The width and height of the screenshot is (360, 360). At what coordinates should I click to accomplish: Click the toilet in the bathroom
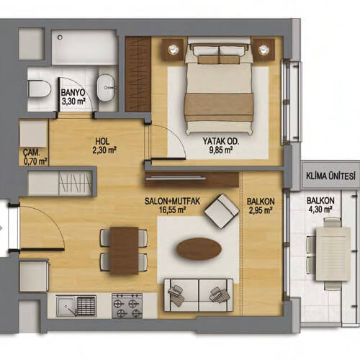40,89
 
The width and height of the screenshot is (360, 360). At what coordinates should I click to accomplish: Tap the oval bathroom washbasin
106,88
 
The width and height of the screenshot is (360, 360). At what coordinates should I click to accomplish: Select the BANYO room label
73,92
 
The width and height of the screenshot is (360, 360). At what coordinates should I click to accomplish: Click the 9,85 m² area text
221,150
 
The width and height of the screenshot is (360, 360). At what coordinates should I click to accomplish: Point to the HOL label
102,141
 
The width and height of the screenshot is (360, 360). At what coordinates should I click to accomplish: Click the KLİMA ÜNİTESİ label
330,176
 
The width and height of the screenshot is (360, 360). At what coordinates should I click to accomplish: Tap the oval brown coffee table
199,249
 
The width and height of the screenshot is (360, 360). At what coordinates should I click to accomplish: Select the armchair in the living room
222,211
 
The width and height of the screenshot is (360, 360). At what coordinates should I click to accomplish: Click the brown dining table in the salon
124,251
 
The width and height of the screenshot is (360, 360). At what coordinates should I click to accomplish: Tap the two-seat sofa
198,295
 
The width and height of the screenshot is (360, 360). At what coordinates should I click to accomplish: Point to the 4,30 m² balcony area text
320,210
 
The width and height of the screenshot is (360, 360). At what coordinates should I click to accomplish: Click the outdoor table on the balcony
333,254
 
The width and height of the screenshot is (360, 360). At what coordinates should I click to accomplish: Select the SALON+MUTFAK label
172,201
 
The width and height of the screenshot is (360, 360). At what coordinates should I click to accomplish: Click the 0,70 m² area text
35,162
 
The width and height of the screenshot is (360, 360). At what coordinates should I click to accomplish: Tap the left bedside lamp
173,50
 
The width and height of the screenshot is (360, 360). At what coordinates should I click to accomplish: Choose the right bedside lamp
264,50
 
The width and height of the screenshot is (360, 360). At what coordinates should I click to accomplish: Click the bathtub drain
60,37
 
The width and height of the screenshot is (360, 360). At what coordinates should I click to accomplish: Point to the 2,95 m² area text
261,210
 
